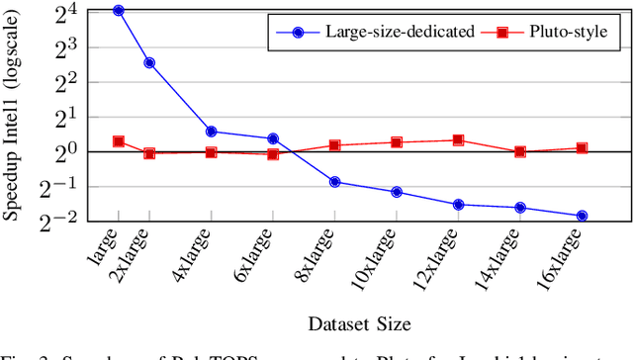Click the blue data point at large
point(119,10)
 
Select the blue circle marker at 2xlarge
point(149,62)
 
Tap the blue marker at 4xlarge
point(211,132)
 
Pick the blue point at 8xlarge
point(334,182)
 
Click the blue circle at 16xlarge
point(582,216)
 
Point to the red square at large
point(119,141)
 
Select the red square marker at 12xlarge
point(458,140)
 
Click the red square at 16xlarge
point(582,148)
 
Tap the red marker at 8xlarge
point(334,145)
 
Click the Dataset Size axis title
point(359,323)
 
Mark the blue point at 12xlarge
point(458,205)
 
